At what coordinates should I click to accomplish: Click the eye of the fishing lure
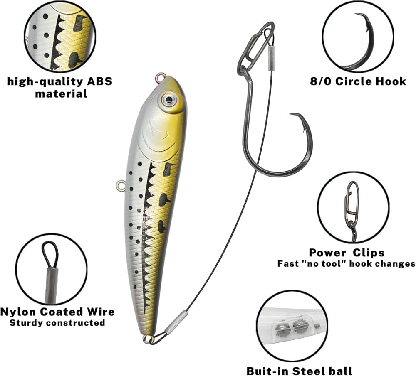point(169,98)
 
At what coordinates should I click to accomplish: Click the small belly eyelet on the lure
point(121,185)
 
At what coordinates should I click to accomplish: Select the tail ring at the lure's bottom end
point(148,339)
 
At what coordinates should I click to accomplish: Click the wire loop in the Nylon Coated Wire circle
point(50,254)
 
